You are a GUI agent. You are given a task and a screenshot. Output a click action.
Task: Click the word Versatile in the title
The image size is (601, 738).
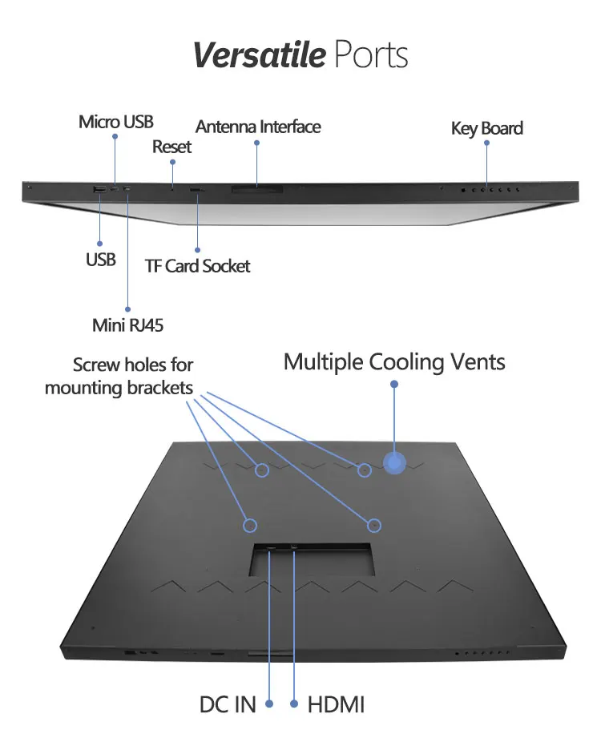(259, 55)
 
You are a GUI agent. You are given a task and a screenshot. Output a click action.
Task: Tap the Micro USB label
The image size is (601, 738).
(115, 123)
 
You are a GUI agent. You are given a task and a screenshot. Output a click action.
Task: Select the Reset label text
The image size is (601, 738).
(171, 147)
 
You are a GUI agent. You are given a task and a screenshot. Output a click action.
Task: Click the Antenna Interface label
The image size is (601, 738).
(258, 127)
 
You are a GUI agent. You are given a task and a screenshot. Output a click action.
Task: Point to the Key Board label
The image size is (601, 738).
(486, 128)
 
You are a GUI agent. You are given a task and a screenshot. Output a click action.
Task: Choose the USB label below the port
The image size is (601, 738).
(101, 260)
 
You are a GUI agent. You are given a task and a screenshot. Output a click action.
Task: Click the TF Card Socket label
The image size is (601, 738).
(197, 266)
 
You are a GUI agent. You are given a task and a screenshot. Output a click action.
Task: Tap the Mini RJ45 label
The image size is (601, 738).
(128, 325)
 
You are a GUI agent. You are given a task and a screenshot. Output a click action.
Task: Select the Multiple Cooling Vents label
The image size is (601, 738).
(394, 362)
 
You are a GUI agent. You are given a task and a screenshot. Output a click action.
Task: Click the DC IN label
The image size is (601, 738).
(228, 705)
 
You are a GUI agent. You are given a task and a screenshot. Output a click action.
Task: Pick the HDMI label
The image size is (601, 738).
(337, 705)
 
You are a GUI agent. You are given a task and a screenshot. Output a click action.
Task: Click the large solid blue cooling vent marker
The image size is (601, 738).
(393, 462)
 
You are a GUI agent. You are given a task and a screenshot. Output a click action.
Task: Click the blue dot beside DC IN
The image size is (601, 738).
(269, 704)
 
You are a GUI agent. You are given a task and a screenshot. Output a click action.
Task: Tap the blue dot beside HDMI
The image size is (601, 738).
(295, 704)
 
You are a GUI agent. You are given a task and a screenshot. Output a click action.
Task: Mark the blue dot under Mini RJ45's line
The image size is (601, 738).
(128, 307)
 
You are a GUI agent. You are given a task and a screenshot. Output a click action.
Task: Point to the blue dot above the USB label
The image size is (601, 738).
(100, 243)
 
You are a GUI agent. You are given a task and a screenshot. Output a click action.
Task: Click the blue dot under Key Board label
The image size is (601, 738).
(486, 144)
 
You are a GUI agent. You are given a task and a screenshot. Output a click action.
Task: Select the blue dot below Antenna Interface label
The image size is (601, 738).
(257, 143)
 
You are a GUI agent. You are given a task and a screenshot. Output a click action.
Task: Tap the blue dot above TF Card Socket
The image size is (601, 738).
(196, 248)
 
